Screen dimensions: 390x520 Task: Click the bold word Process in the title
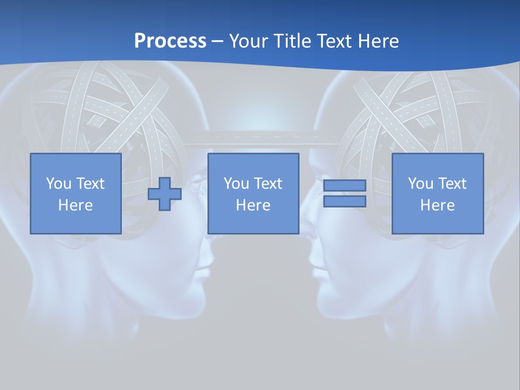point(170,41)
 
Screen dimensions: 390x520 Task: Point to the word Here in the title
point(378,41)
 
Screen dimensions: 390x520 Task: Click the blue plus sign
point(165,193)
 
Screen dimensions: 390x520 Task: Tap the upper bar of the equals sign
point(344,185)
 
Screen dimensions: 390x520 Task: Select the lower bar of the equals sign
point(344,201)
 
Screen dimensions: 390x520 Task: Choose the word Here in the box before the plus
point(75,205)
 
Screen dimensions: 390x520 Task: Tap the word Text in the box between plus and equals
point(268,184)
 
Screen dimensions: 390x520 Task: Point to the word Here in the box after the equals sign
point(437,205)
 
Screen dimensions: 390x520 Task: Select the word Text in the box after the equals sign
point(452,184)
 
